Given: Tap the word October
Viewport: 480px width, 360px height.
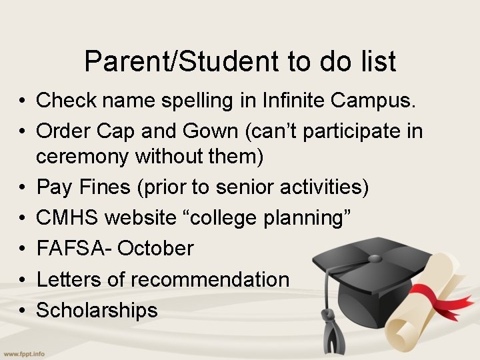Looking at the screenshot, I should [x=157, y=249].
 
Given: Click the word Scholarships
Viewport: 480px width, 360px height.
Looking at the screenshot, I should [x=97, y=310].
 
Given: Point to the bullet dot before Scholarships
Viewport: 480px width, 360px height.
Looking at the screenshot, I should [x=23, y=311].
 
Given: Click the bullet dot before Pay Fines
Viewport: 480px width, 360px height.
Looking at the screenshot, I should [x=23, y=188].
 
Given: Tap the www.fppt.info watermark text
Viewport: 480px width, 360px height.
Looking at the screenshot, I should [x=23, y=353].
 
